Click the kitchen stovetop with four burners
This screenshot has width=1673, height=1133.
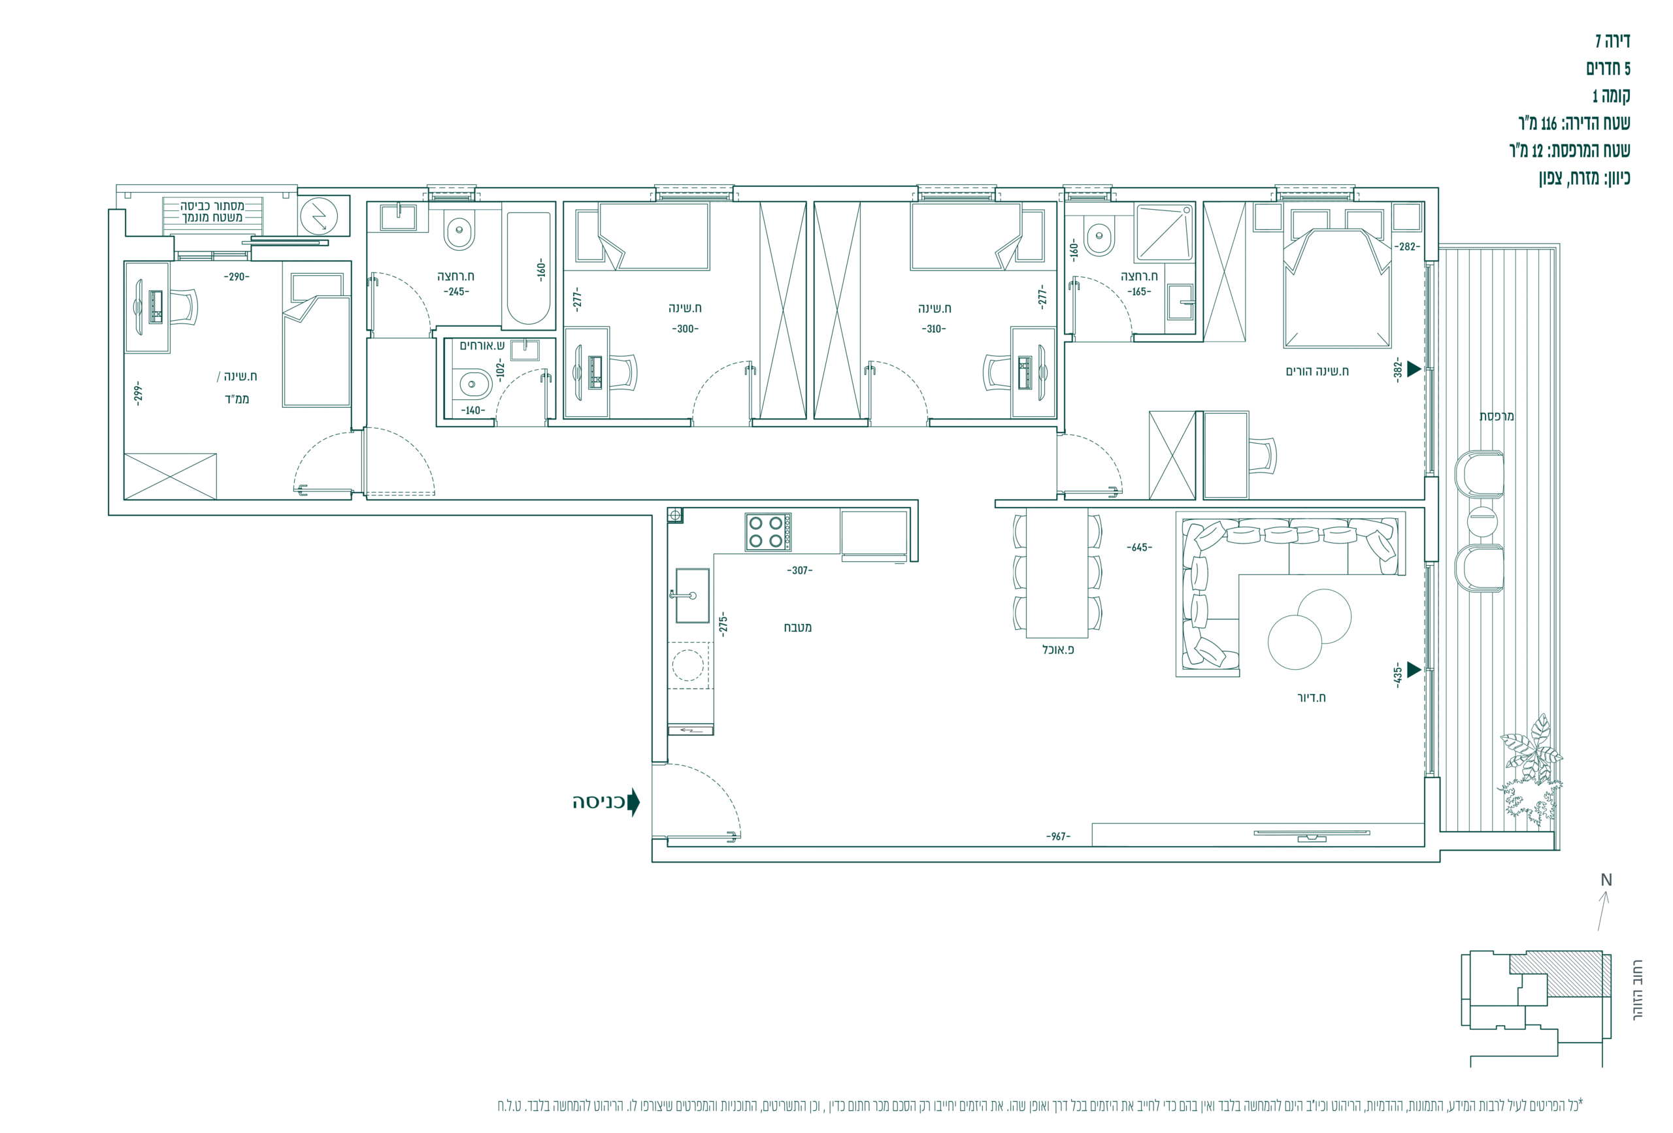click(768, 532)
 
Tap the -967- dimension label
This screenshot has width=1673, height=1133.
click(1058, 836)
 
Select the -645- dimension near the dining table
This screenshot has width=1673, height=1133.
click(1139, 547)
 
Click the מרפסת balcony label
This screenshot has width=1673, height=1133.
click(1497, 416)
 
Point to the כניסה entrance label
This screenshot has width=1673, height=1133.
click(598, 802)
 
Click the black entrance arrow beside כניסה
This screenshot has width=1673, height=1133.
click(633, 802)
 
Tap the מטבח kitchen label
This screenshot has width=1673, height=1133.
click(798, 628)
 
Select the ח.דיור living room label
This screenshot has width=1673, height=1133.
click(1311, 698)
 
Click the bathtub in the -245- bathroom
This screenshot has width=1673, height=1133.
click(529, 268)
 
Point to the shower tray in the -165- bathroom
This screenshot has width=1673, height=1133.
click(1163, 232)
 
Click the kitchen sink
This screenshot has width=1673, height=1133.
click(692, 595)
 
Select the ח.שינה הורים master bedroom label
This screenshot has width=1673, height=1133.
click(1317, 371)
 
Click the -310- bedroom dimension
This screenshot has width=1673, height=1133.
click(934, 329)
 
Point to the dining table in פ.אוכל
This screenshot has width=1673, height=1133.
click(1057, 572)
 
